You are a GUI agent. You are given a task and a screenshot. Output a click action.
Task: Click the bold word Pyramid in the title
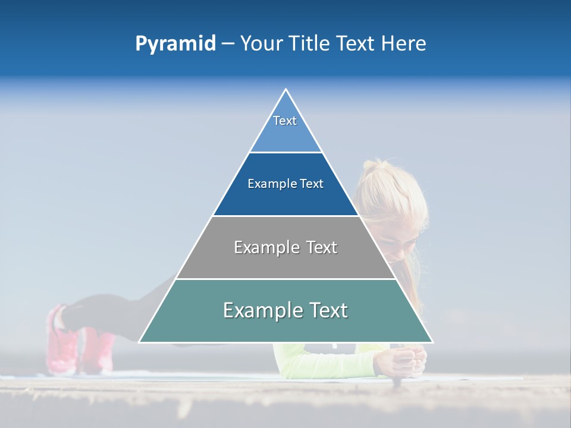tap(175, 44)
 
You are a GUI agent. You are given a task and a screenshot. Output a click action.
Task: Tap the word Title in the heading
tap(309, 43)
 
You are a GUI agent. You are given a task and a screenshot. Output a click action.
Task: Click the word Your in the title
tap(260, 43)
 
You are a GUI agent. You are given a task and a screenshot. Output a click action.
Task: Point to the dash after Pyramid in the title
tap(228, 44)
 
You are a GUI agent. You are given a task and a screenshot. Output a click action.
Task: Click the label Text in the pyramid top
tap(285, 121)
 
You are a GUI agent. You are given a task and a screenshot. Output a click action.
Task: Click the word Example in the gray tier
tap(265, 247)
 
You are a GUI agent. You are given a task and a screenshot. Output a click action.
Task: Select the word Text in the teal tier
tap(325, 310)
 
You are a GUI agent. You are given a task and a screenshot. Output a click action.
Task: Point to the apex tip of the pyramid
tap(285, 90)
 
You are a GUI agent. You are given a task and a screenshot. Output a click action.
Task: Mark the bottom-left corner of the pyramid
tap(140, 342)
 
